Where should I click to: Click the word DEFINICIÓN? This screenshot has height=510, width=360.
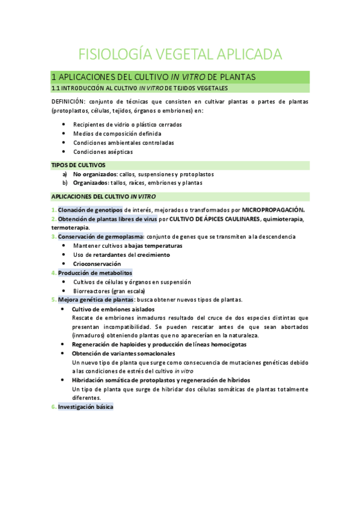pos(69,102)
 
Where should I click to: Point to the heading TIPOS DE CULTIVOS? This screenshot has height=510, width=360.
pos(78,165)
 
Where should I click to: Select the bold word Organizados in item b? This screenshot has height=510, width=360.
pos(90,182)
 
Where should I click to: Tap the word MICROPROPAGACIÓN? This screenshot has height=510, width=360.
pos(273,210)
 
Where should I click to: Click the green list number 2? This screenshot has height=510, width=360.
pos(53,219)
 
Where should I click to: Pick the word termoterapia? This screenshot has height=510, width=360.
pos(70,227)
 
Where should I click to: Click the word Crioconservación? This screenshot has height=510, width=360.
pos(97,263)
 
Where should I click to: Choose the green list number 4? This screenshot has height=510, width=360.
pos(53,272)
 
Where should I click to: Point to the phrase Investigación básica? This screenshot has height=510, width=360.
pos(85,407)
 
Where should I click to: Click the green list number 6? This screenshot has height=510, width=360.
pos(53,407)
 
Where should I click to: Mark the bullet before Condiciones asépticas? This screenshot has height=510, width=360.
pos(64,152)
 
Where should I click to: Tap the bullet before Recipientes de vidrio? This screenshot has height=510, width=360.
pos(64,124)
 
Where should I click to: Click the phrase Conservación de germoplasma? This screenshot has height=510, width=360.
pos(100,236)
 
